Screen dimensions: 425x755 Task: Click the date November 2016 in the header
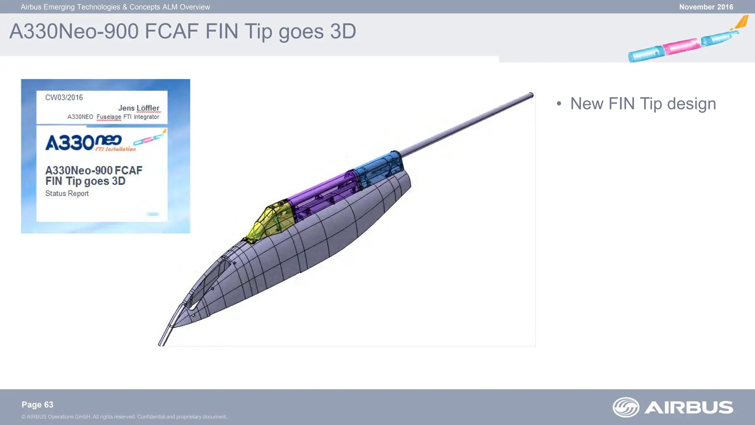(x=706, y=7)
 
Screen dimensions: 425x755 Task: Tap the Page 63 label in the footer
(x=37, y=405)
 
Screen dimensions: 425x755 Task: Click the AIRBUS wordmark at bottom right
(x=689, y=407)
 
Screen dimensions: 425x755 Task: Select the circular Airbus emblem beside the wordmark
(x=626, y=407)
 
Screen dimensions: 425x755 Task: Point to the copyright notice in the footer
(x=124, y=417)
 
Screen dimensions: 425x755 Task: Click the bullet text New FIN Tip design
(x=643, y=104)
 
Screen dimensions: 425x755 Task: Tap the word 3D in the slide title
(x=343, y=31)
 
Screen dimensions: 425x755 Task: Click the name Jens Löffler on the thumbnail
(x=139, y=108)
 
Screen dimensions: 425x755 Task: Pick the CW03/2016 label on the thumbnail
(x=64, y=98)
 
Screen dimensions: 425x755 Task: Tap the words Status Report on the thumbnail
(x=67, y=193)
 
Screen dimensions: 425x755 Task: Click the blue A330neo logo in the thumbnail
(x=83, y=142)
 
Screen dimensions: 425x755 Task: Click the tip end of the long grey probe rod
(x=531, y=96)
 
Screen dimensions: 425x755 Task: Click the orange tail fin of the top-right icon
(x=742, y=22)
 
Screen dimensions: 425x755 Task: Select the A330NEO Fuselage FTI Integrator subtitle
(x=113, y=117)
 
